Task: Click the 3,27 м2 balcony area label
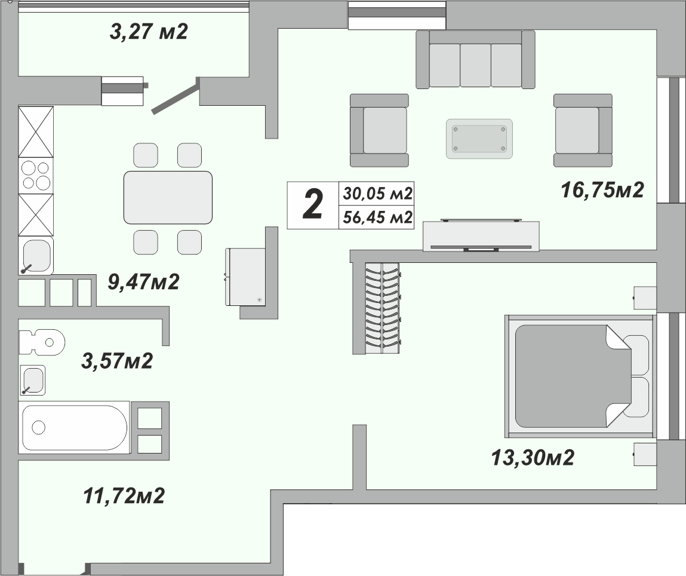[149, 31]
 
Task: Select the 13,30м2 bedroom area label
[532, 458]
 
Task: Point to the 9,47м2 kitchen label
[143, 281]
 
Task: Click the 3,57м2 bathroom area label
[118, 360]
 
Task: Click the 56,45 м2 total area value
[377, 217]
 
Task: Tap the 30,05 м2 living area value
[377, 194]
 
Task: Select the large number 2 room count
[313, 204]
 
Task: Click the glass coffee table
[479, 138]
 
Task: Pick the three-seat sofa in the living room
[475, 59]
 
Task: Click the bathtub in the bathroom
[75, 427]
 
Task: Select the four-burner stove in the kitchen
[36, 176]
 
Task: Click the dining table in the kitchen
[168, 197]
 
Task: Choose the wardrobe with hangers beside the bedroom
[382, 308]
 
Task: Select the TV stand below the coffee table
[481, 236]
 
